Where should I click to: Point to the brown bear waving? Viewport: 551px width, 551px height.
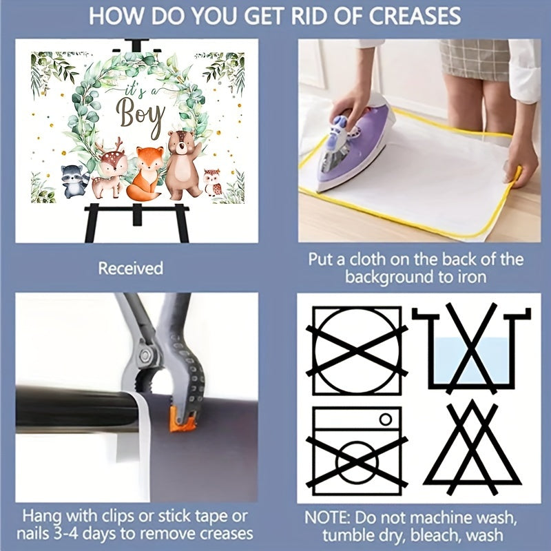(x=183, y=163)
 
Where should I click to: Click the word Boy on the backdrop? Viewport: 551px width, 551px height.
(x=140, y=115)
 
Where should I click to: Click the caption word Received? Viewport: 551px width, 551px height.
(x=130, y=268)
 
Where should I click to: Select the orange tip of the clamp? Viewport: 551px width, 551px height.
(x=182, y=420)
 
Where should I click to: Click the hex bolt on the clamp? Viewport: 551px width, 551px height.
(x=145, y=356)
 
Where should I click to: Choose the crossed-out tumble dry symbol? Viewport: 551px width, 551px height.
(x=357, y=351)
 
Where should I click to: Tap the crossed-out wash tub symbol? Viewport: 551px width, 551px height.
(x=471, y=348)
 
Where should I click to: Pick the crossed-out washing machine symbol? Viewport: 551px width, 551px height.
(x=357, y=451)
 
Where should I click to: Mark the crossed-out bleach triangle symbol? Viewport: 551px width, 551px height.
(x=472, y=448)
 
